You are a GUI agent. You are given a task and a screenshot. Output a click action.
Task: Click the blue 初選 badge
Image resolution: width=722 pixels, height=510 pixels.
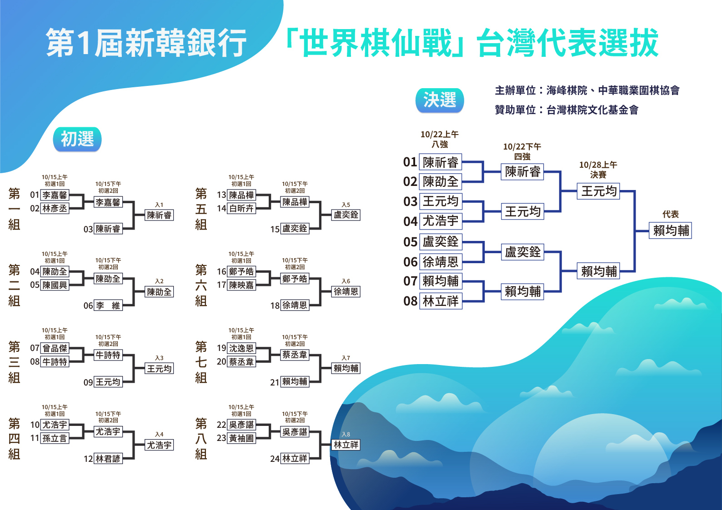pos(77,139)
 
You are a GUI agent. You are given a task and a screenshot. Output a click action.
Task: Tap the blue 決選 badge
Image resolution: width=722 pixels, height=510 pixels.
pos(440,100)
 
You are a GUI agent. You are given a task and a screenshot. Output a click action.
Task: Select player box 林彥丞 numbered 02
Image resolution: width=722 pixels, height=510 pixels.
pos(55,209)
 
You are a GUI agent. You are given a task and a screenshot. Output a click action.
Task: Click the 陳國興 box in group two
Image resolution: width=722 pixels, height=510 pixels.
pos(55,285)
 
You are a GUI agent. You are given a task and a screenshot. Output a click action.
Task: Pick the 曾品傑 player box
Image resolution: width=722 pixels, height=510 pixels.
pos(55,348)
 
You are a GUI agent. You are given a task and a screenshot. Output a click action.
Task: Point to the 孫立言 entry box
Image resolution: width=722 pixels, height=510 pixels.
pos(55,438)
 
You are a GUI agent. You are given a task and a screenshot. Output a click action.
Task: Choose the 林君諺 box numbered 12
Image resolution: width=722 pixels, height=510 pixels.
pos(108,459)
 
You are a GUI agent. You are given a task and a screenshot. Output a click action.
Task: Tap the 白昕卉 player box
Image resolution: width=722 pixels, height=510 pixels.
pos(241,209)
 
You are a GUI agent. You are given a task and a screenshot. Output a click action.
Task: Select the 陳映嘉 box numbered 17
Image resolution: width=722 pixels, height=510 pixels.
pos(241,285)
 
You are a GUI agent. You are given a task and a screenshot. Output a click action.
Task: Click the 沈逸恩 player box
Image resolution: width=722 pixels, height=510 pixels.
pos(241,348)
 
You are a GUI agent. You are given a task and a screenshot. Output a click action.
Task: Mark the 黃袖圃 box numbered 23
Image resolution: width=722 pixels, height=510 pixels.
pos(241,438)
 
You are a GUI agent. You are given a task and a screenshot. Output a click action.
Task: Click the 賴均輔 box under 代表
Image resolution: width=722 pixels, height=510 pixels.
pos(671,230)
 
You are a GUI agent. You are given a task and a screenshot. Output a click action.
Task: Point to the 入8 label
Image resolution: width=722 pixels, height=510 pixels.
pos(346,434)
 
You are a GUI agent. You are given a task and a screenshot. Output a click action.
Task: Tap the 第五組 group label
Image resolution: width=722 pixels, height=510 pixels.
pos(201,209)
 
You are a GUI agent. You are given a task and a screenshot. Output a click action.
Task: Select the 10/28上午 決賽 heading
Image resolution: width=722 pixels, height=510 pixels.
pos(598,170)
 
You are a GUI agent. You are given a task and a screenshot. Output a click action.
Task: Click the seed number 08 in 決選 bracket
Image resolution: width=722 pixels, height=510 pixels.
pos(410,301)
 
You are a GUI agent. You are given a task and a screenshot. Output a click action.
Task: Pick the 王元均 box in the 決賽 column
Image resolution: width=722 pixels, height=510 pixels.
pos(598,191)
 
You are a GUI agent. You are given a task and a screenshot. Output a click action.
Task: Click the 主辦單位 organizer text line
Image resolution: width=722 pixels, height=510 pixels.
pos(587,90)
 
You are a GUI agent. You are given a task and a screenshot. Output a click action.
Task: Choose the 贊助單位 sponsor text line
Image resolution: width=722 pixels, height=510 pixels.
pos(567,110)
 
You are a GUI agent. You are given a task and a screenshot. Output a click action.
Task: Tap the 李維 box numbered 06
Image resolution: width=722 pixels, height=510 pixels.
pos(108,305)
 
